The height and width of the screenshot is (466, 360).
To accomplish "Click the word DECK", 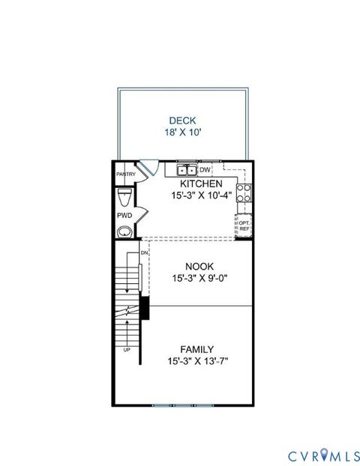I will (x=182, y=120).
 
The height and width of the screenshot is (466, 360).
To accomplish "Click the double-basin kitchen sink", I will (x=187, y=169).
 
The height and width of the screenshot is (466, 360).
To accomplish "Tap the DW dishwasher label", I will (x=205, y=169).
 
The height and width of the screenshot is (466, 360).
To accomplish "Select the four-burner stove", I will (x=244, y=194).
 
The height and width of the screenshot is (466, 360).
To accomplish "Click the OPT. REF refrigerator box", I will (x=244, y=224).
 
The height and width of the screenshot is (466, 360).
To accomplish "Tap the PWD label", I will (x=124, y=216).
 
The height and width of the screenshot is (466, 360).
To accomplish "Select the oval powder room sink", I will (x=124, y=231).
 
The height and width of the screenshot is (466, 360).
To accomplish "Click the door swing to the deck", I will (x=151, y=168).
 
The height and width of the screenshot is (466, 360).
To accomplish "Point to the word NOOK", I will (x=199, y=266).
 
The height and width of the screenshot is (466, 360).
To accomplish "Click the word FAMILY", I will (x=196, y=349).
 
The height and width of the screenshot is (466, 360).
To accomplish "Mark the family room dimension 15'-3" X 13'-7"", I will (x=196, y=361).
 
